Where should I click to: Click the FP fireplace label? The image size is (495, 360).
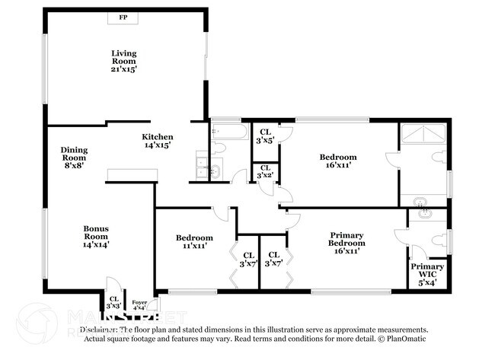123,17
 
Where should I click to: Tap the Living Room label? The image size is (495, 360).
123,57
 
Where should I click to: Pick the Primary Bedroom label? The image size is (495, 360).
347,243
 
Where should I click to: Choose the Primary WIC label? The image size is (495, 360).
428,271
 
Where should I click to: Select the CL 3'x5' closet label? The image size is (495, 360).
265,135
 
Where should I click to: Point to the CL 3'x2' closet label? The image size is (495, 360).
265,171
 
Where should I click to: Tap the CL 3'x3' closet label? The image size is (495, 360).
113,302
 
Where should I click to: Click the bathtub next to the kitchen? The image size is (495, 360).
228,132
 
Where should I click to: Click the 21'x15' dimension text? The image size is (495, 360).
123,68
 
